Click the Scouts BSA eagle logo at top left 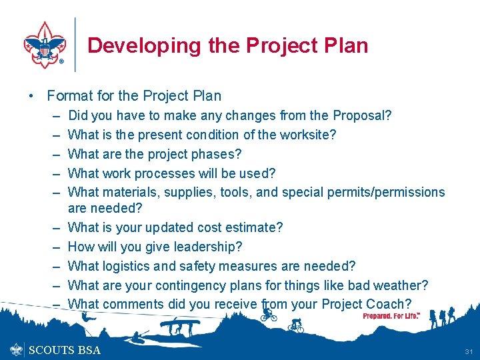tap(45, 45)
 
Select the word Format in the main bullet tap(71, 96)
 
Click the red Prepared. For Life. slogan tap(391, 315)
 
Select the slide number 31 tap(468, 351)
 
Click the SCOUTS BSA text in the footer tap(65, 350)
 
